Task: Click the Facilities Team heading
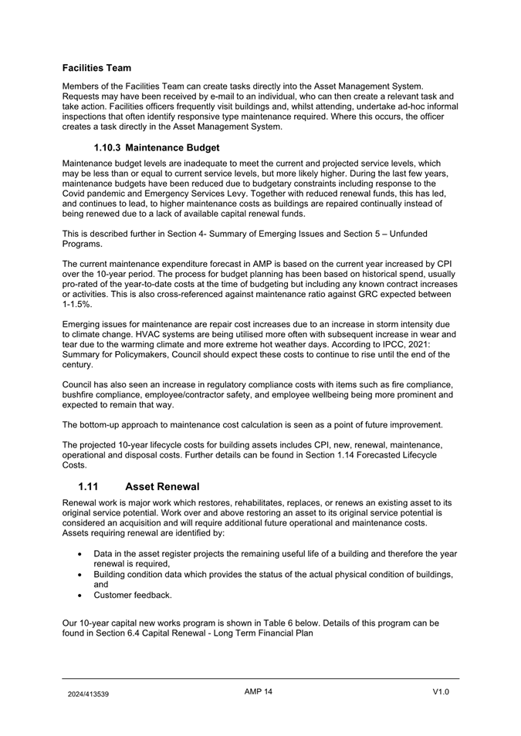tap(96, 68)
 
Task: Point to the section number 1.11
tap(91, 487)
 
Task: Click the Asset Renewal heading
tap(162, 487)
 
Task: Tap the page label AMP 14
tap(259, 692)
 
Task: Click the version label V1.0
tap(441, 692)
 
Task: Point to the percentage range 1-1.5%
tap(77, 305)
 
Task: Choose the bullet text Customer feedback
tap(134, 595)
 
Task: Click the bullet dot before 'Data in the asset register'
tap(81, 554)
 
